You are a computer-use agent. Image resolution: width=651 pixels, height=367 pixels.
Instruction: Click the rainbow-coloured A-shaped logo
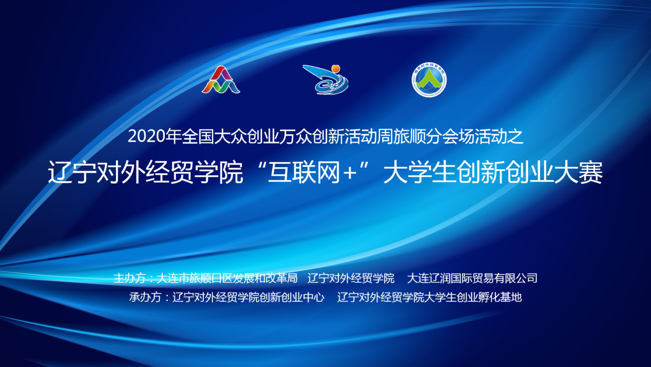(221, 80)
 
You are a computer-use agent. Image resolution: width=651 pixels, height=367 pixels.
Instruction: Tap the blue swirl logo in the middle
(325, 80)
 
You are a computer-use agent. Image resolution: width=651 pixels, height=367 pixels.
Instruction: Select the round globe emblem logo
(429, 80)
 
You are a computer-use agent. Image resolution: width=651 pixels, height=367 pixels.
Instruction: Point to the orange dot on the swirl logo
(336, 68)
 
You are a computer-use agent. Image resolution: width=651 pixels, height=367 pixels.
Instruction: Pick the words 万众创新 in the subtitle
(312, 136)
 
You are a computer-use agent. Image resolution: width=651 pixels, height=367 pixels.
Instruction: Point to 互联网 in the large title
(304, 172)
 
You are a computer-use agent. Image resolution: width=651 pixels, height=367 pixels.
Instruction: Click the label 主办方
(129, 278)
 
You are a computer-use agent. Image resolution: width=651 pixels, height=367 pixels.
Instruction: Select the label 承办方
(145, 297)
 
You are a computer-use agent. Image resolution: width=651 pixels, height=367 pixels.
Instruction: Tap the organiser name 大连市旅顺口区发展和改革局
(227, 278)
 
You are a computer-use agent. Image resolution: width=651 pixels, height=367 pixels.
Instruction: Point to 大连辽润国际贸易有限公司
(472, 278)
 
